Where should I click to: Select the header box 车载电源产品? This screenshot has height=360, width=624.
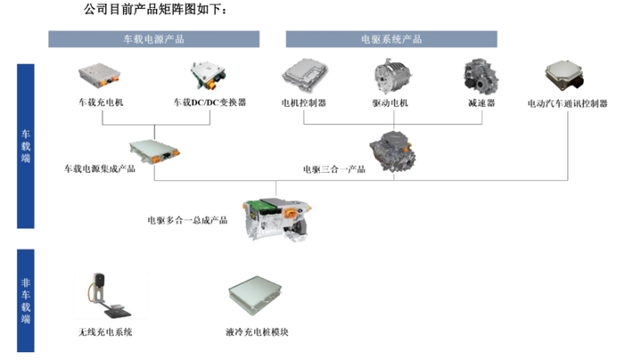pos(153,39)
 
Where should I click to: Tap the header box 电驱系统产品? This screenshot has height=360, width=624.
pos(391,39)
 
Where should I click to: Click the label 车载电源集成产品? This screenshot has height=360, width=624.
pos(99,168)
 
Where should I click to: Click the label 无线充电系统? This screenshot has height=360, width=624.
pos(105,334)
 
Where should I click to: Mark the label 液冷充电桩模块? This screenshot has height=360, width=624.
pos(258,334)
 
